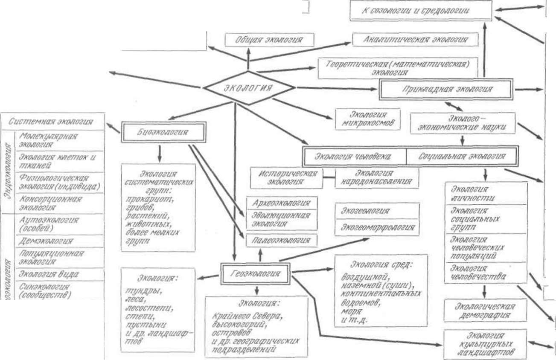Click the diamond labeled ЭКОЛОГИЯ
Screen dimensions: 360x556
[x=248, y=88]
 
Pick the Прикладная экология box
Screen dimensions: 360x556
[x=446, y=89]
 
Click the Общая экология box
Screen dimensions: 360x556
[x=269, y=40]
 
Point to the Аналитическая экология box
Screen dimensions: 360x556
[x=416, y=40]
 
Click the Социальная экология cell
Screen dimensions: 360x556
[x=461, y=156]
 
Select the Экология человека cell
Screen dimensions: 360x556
[x=353, y=156]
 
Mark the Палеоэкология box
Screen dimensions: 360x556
[x=282, y=241]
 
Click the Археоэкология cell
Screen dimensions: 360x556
[x=282, y=203]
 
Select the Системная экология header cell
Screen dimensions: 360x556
[x=51, y=122]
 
